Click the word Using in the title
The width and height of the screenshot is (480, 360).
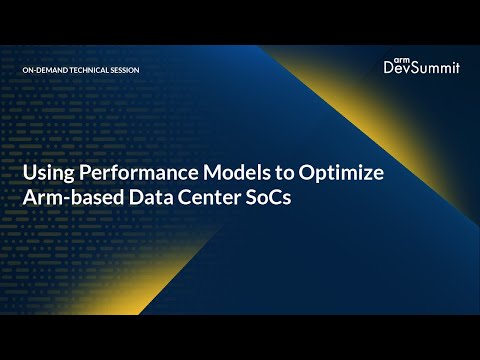click(47, 173)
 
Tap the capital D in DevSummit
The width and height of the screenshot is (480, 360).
click(389, 68)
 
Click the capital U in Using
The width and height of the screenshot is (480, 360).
click(30, 173)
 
